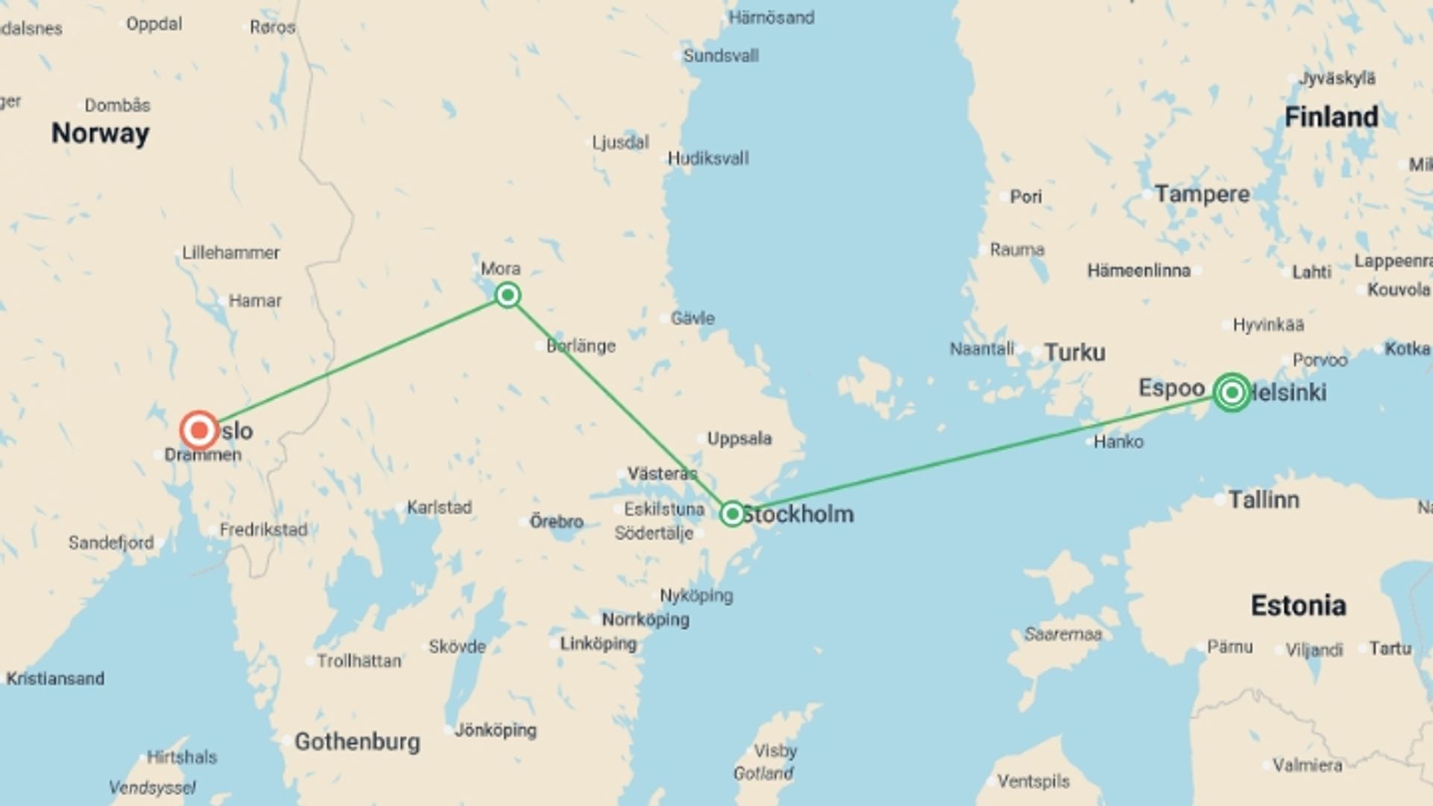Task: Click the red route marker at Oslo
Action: [x=199, y=431]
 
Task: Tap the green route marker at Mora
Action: [x=508, y=295]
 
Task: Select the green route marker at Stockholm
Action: [x=732, y=513]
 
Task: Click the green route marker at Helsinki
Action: [x=1231, y=392]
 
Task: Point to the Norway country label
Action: [x=100, y=134]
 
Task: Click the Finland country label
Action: [x=1331, y=117]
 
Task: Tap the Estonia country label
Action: [x=1298, y=605]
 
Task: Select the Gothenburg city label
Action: [x=357, y=741]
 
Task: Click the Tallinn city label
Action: [x=1263, y=499]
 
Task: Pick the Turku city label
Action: [x=1074, y=352]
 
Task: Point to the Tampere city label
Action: [x=1202, y=194]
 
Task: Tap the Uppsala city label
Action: [x=739, y=438]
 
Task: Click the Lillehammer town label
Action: [x=231, y=253]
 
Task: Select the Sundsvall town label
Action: [x=720, y=56]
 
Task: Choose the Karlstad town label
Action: [x=439, y=507]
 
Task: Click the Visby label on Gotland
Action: [x=775, y=751]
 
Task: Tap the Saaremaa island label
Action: [x=1062, y=634]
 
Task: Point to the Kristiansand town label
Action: [x=55, y=678]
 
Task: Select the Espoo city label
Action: [x=1171, y=388]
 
